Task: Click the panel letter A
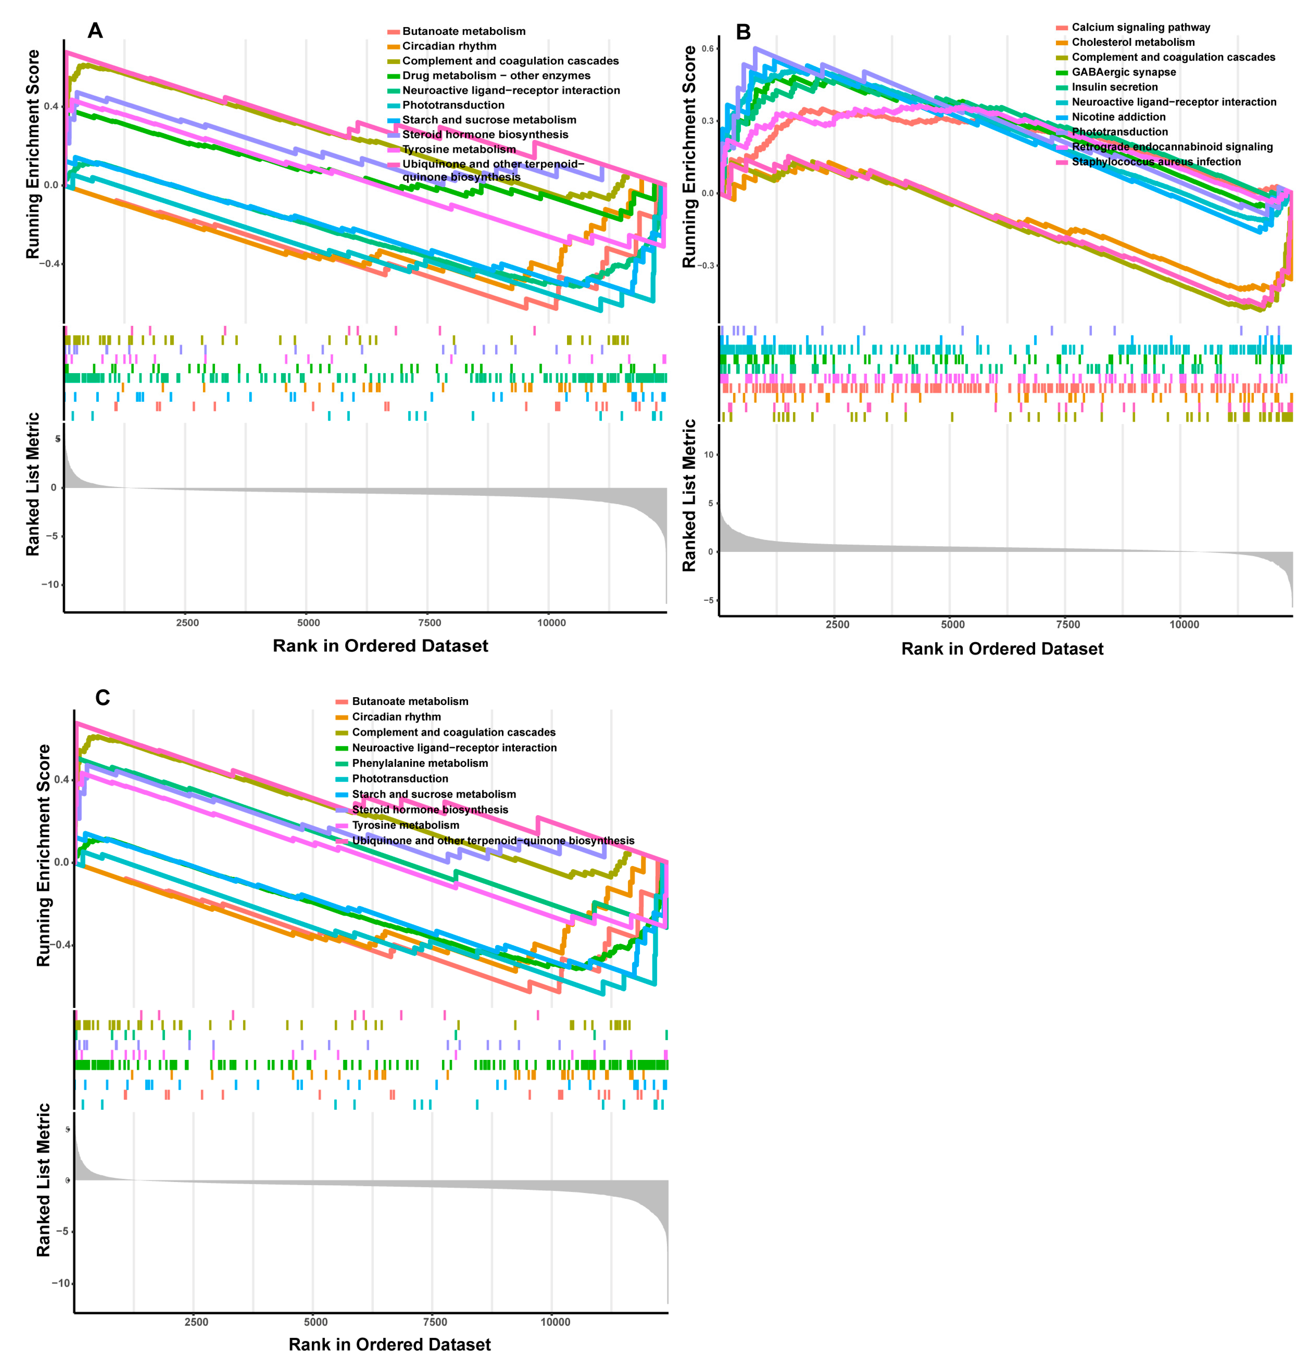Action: [x=95, y=31]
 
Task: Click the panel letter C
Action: [x=103, y=698]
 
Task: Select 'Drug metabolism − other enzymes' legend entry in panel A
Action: [x=496, y=75]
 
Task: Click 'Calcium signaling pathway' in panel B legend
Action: [x=1140, y=27]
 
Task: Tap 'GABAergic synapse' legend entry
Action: [x=1124, y=72]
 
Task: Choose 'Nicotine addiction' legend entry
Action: [x=1118, y=116]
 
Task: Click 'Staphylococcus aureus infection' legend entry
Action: [x=1155, y=162]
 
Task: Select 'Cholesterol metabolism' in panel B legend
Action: [x=1132, y=42]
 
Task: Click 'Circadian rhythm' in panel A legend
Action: [x=449, y=46]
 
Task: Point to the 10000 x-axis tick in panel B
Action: [x=1183, y=624]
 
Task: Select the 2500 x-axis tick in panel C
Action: [x=196, y=1322]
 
